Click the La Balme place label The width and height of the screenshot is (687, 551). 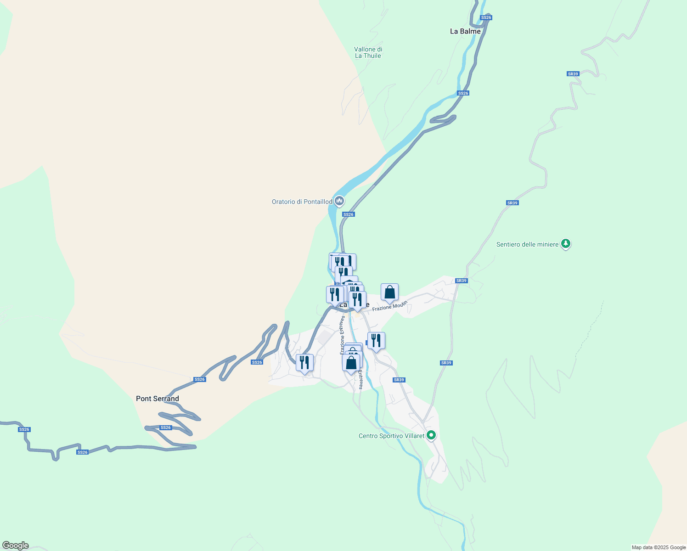pyautogui.click(x=465, y=31)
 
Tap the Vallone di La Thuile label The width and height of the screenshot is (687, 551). pyautogui.click(x=368, y=52)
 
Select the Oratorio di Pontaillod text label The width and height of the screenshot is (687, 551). pyautogui.click(x=302, y=202)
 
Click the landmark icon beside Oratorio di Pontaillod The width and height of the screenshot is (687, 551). pyautogui.click(x=339, y=201)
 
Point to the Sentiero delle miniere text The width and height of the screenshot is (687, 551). pyautogui.click(x=527, y=244)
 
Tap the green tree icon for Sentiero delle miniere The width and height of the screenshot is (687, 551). pyautogui.click(x=566, y=244)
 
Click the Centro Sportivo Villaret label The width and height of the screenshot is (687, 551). pyautogui.click(x=391, y=436)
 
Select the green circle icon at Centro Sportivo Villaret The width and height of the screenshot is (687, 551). pyautogui.click(x=431, y=435)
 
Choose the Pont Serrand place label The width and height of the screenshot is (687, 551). pyautogui.click(x=158, y=399)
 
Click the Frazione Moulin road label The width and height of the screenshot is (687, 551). pyautogui.click(x=390, y=306)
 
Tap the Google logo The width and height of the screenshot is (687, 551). pyautogui.click(x=15, y=545)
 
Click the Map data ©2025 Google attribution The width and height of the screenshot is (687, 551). pyautogui.click(x=659, y=547)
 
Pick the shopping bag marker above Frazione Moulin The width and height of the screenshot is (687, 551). pyautogui.click(x=389, y=292)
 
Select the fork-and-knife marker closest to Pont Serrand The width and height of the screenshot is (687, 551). pyautogui.click(x=304, y=363)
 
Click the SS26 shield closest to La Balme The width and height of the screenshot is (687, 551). pyautogui.click(x=486, y=17)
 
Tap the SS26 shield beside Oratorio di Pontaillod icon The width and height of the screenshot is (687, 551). pyautogui.click(x=349, y=214)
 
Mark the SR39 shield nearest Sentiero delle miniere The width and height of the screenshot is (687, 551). pyautogui.click(x=512, y=203)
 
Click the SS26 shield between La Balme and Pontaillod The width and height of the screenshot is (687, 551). pyautogui.click(x=463, y=93)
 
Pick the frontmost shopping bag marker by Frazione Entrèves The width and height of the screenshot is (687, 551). pyautogui.click(x=351, y=363)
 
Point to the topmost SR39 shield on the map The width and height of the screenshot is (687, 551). pyautogui.click(x=573, y=74)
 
